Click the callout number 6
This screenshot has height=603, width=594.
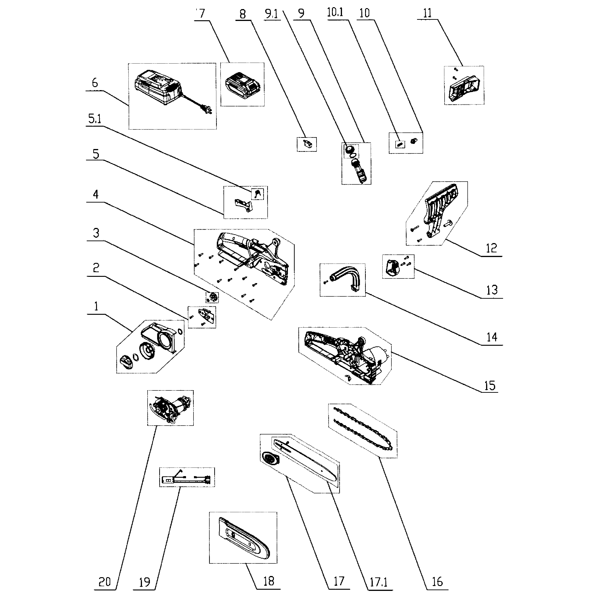tap(95, 83)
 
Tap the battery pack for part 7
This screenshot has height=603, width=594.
tap(242, 84)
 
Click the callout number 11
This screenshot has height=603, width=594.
tap(427, 14)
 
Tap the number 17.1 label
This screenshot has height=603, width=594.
tap(378, 582)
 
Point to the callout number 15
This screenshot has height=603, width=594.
tap(490, 386)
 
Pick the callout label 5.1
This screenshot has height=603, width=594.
tap(95, 119)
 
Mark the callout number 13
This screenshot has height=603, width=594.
tap(492, 290)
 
